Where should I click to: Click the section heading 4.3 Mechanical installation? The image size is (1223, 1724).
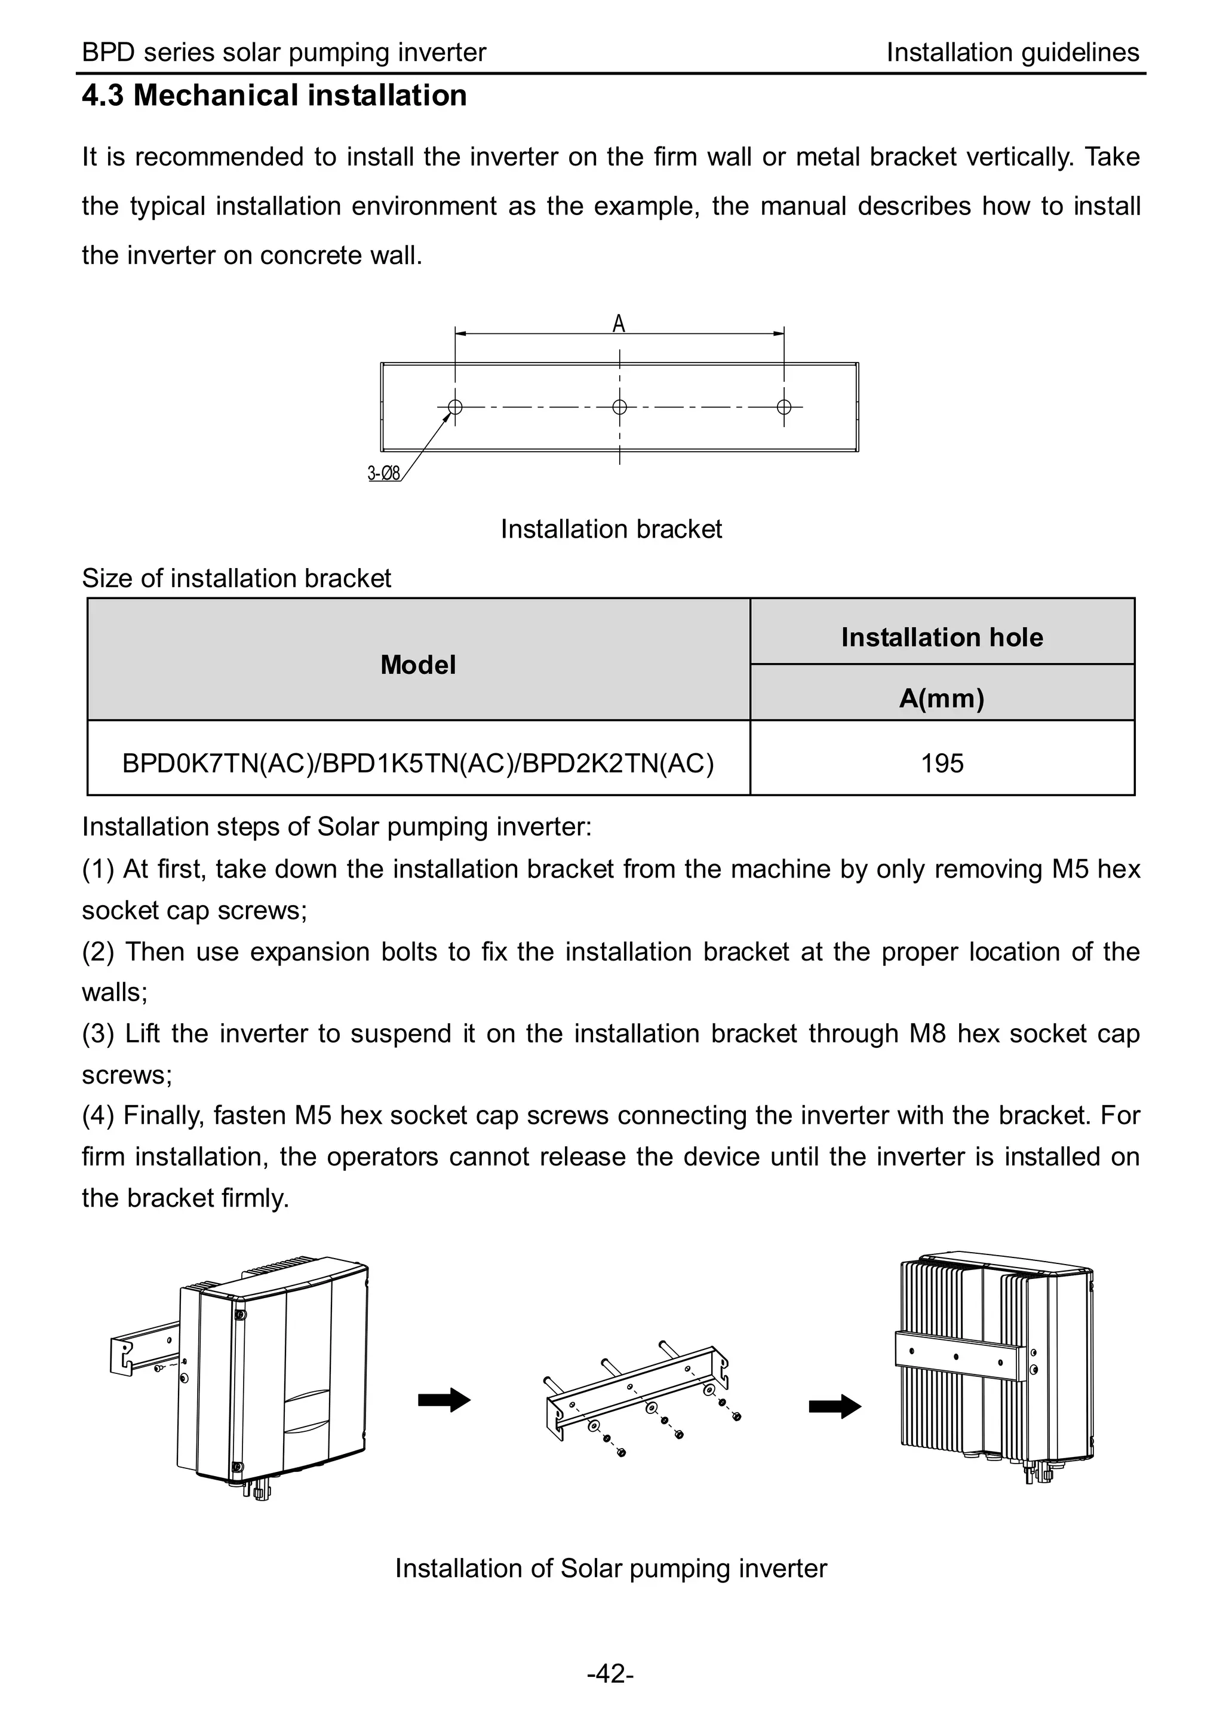(x=274, y=96)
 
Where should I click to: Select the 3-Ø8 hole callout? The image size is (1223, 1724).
(x=383, y=473)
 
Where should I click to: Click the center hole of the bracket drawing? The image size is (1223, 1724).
(x=619, y=407)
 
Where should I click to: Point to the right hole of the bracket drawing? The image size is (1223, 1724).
(x=784, y=407)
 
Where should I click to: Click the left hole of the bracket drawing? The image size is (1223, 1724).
(x=455, y=407)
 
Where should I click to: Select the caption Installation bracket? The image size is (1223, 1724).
(x=611, y=529)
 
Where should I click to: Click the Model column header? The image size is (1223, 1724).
(x=418, y=664)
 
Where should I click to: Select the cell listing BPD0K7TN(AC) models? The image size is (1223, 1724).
(x=418, y=763)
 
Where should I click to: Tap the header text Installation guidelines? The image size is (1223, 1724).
(x=1012, y=53)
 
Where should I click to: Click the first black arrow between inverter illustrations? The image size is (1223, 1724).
(x=444, y=1400)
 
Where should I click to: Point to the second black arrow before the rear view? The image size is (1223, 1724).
(x=834, y=1406)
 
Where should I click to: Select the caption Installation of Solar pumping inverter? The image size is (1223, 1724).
(x=611, y=1568)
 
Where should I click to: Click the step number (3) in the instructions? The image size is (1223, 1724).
(x=98, y=1034)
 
